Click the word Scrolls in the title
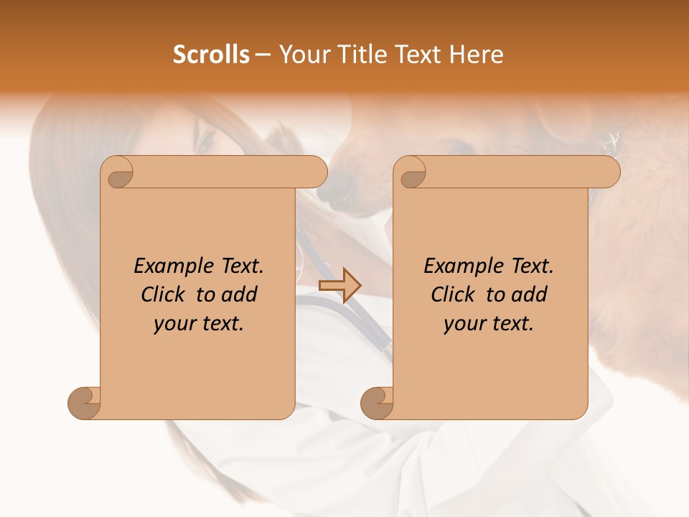click(212, 55)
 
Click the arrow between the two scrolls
click(339, 285)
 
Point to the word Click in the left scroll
click(164, 294)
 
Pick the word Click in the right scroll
click(454, 294)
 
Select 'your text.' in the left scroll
click(199, 324)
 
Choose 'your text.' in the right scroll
click(489, 324)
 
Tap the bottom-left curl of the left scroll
click(85, 402)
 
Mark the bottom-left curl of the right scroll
click(378, 402)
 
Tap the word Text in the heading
click(418, 55)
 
